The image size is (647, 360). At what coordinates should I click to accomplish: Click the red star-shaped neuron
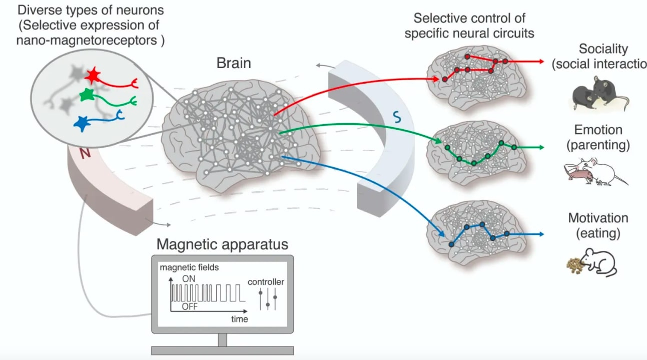tap(93, 76)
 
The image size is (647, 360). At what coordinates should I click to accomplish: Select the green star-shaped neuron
tap(87, 94)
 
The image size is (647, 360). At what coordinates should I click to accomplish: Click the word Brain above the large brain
tap(234, 64)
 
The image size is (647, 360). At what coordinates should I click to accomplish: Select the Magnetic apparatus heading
tap(223, 244)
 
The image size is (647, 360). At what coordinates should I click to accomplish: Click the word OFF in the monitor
tap(189, 307)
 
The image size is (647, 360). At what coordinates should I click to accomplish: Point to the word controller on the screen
tap(266, 282)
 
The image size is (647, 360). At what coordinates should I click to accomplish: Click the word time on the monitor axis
tap(239, 318)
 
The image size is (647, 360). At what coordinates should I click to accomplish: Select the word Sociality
tap(602, 49)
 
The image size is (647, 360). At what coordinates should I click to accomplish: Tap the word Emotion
tap(598, 130)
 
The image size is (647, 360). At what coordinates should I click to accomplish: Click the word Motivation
tap(597, 218)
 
